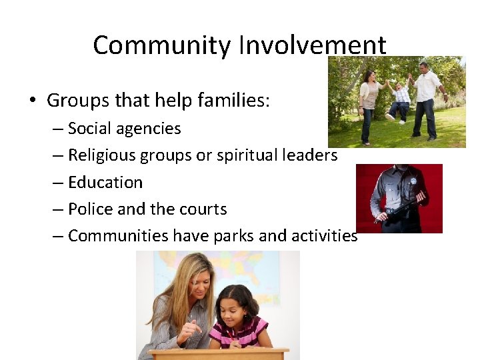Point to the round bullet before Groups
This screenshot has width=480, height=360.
(x=32, y=101)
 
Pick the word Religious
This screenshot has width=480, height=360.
(x=101, y=155)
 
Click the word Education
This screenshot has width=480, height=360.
(x=105, y=182)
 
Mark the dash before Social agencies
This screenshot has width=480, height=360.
(x=58, y=129)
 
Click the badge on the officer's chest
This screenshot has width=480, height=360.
(x=413, y=181)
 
